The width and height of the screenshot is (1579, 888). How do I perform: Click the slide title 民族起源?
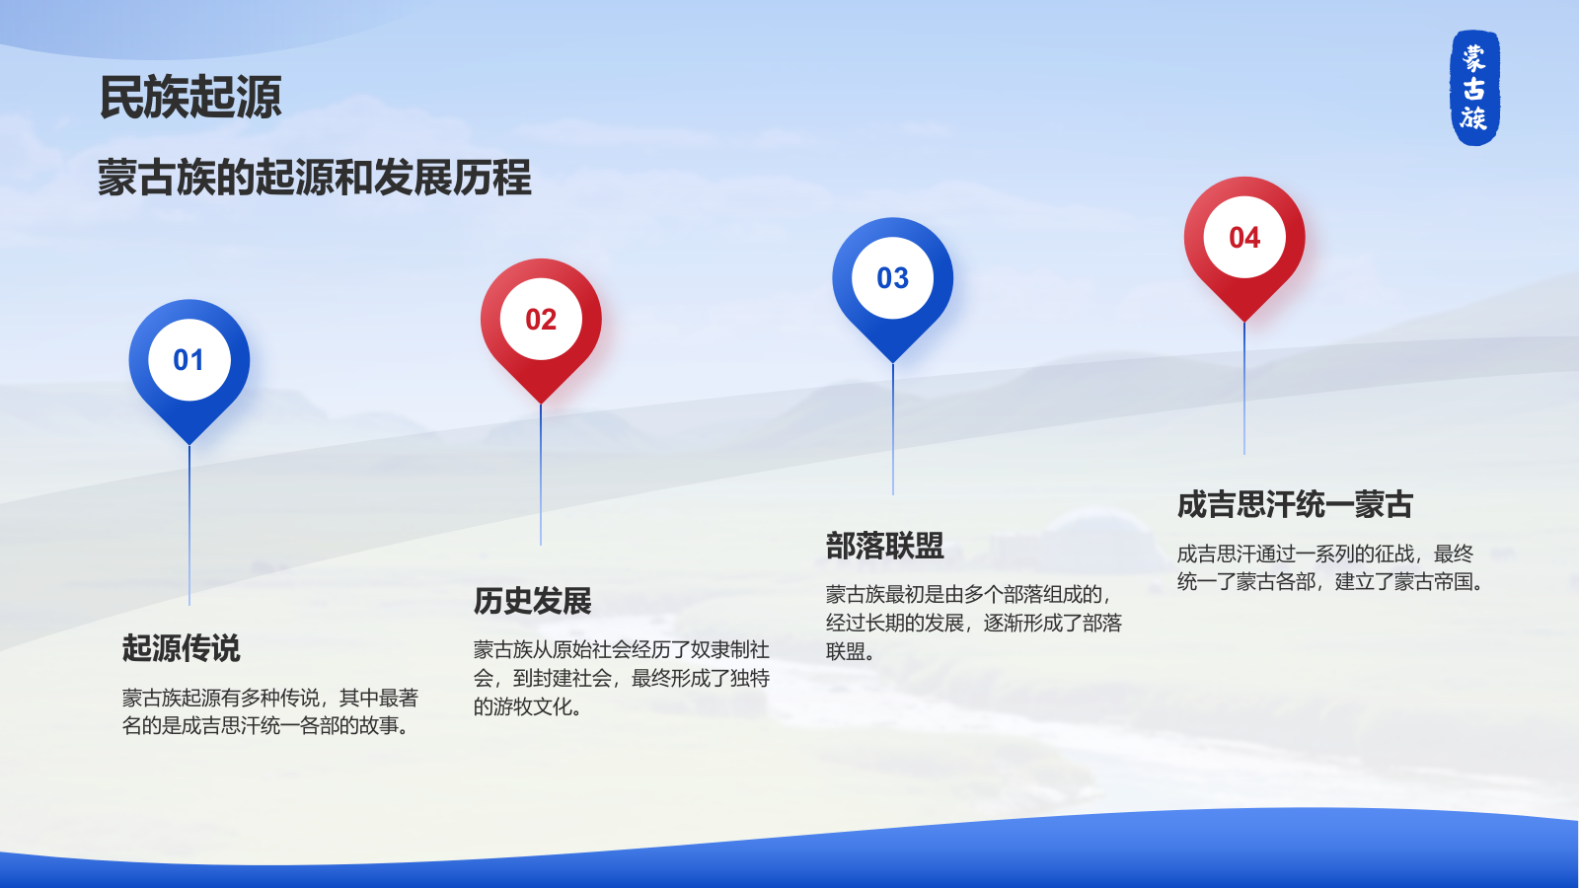pyautogui.click(x=190, y=98)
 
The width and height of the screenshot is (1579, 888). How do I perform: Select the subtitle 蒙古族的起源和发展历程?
pyautogui.click(x=314, y=179)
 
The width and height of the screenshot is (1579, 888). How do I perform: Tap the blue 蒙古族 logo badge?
pyautogui.click(x=1474, y=88)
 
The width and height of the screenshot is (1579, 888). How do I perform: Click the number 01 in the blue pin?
pyautogui.click(x=188, y=360)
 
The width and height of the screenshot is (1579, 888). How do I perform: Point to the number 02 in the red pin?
pyautogui.click(x=541, y=320)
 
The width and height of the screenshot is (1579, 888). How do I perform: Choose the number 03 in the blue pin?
pyautogui.click(x=892, y=278)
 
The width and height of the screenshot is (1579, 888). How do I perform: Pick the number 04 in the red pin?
pyautogui.click(x=1244, y=238)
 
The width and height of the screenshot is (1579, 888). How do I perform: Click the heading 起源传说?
pyautogui.click(x=182, y=648)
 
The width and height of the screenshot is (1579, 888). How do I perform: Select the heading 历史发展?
pyautogui.click(x=533, y=601)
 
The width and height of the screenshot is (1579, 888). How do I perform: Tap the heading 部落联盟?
pyautogui.click(x=885, y=546)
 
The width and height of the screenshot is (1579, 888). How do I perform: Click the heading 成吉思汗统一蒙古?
pyautogui.click(x=1295, y=505)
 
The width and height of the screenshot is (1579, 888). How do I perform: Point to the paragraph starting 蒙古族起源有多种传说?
pyautogui.click(x=269, y=711)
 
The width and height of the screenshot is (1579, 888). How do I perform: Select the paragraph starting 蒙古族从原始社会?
pyautogui.click(x=621, y=678)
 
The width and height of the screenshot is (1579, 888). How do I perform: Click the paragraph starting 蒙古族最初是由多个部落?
pyautogui.click(x=973, y=623)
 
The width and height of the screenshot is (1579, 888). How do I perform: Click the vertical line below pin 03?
pyautogui.click(x=893, y=430)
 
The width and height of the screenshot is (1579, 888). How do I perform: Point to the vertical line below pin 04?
pyautogui.click(x=1244, y=390)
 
